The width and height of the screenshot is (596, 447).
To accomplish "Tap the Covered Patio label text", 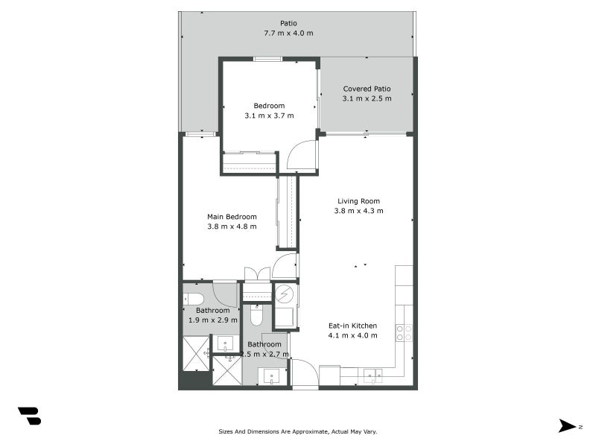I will tap(367, 89).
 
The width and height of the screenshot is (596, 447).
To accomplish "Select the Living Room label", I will tap(358, 201).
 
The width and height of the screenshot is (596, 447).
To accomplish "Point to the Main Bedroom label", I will tap(232, 217).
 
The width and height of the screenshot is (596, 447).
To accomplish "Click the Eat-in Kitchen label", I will tap(352, 326).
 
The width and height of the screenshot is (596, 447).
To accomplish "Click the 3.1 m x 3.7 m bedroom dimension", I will tap(269, 115).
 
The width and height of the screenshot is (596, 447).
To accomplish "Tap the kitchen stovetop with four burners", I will tap(403, 332).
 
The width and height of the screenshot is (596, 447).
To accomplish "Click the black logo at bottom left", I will tap(29, 416).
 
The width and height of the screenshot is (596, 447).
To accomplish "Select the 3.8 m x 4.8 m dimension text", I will tap(232, 226).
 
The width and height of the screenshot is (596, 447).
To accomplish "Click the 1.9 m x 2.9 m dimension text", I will tap(212, 320).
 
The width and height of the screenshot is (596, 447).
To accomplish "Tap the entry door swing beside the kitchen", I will tap(303, 373).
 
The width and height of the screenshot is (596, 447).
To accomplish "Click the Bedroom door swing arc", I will tap(301, 155).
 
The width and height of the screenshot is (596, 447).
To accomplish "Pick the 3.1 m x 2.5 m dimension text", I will tap(367, 98).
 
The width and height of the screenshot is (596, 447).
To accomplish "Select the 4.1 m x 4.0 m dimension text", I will tap(352, 335).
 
